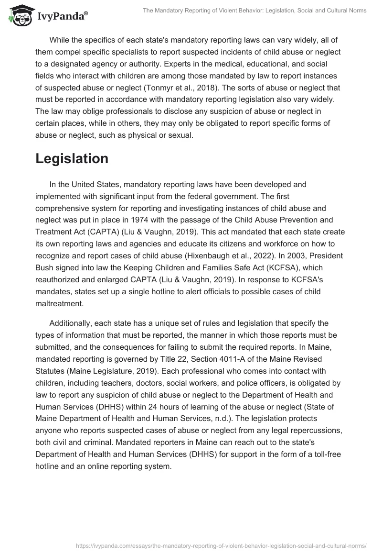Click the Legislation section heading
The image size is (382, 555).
[72, 159]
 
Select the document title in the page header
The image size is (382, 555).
[255, 10]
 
